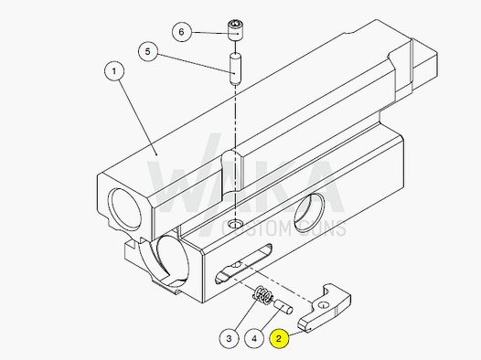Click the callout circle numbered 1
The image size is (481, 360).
(x=115, y=70)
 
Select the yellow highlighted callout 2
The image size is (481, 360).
(x=279, y=337)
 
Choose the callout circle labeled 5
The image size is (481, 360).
(x=146, y=51)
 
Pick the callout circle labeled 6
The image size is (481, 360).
(x=181, y=32)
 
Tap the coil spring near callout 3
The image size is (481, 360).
(x=261, y=296)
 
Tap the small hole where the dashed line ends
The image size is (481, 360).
(x=237, y=224)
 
